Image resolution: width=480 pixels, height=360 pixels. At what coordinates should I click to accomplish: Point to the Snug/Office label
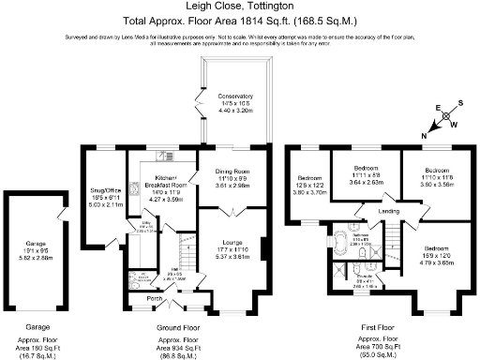(x=105, y=185)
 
